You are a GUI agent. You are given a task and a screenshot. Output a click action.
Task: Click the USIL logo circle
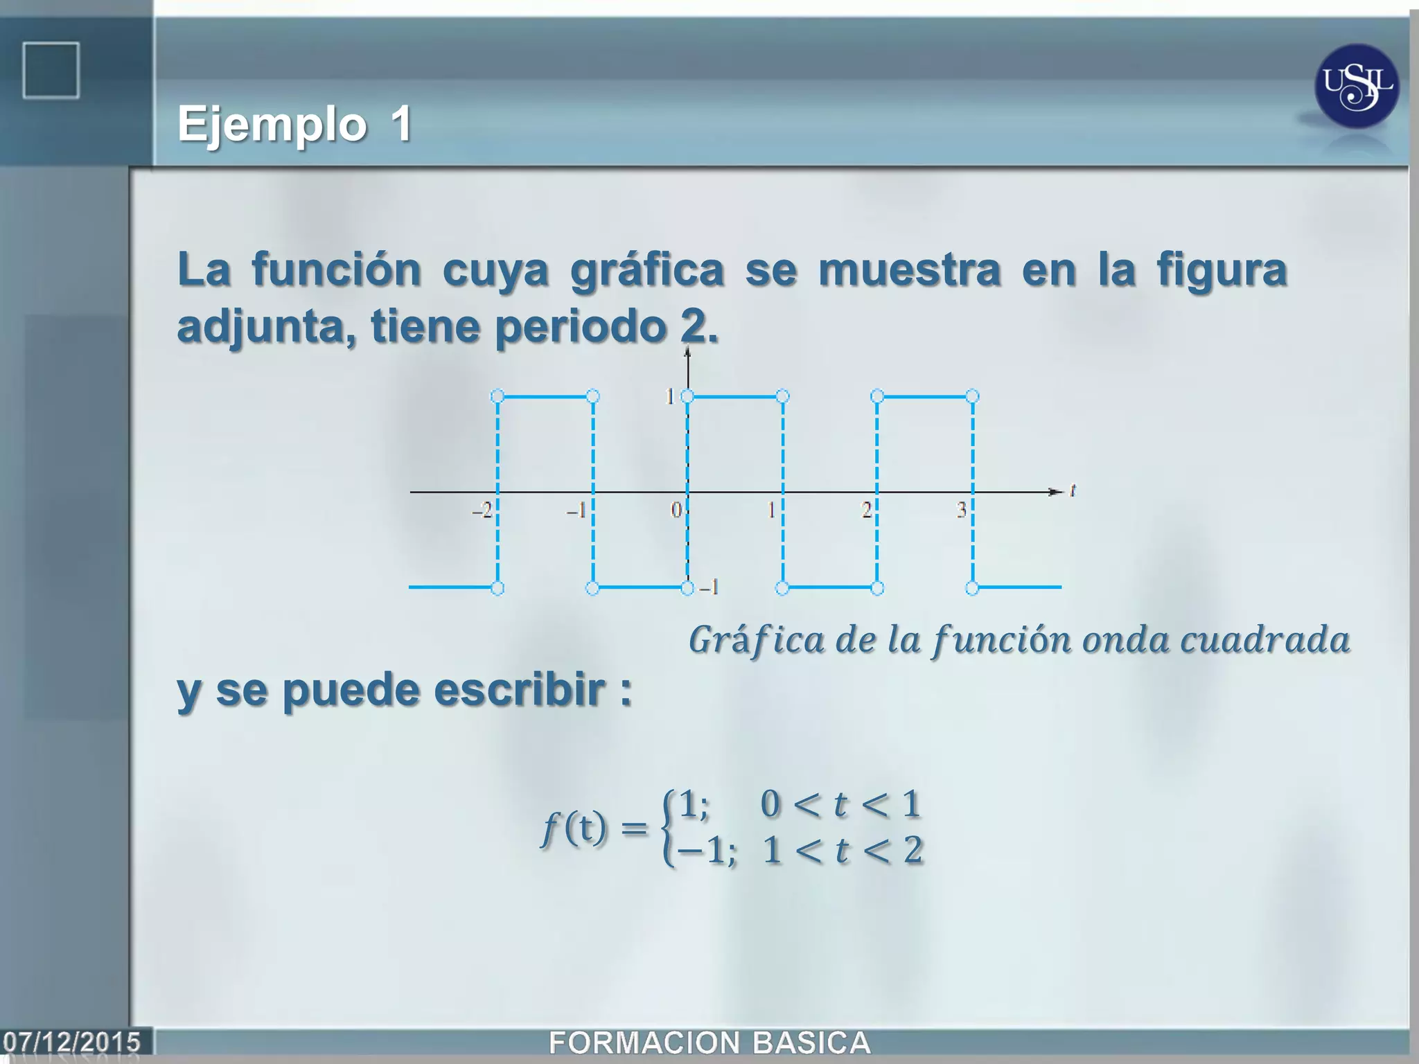(1357, 87)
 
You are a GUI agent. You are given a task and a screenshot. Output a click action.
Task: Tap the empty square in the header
(51, 70)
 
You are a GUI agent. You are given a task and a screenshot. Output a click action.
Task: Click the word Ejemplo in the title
(272, 125)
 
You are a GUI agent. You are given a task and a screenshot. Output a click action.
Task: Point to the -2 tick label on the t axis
(482, 511)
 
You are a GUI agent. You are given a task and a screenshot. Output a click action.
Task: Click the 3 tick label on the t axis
(962, 511)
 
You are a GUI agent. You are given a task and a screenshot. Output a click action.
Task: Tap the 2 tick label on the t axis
(866, 511)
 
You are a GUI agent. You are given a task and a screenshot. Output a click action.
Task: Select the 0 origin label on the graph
(676, 511)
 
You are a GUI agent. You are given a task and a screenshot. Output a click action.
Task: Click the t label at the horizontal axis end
(1073, 490)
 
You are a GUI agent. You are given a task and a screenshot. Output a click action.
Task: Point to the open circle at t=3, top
(972, 396)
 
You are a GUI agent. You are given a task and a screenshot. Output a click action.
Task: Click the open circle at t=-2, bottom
(497, 588)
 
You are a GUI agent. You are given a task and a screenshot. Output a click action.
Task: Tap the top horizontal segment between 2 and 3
(924, 396)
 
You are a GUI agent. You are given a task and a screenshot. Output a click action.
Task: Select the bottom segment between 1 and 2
(829, 587)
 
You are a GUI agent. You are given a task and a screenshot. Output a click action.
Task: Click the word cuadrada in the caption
(1264, 640)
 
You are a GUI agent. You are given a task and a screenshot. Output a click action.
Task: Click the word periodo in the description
(580, 326)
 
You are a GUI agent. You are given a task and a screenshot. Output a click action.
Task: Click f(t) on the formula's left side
(574, 828)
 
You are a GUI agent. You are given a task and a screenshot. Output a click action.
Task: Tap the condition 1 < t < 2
(843, 851)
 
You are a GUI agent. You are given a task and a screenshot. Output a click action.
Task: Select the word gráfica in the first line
(647, 270)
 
